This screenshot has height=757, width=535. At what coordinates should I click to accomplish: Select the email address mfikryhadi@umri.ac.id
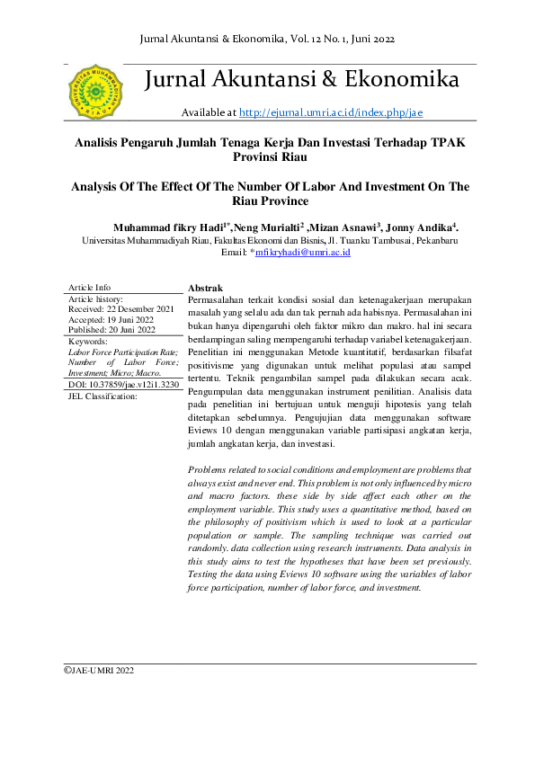pos(303,254)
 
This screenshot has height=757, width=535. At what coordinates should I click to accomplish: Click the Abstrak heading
pos(205,287)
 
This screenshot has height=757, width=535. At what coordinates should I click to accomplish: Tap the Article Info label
pos(90,287)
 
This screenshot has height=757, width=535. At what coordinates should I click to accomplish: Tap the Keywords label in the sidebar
pos(88,342)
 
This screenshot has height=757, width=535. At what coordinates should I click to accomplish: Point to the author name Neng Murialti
pos(266,228)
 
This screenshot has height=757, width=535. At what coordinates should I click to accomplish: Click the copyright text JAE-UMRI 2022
pos(102,670)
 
